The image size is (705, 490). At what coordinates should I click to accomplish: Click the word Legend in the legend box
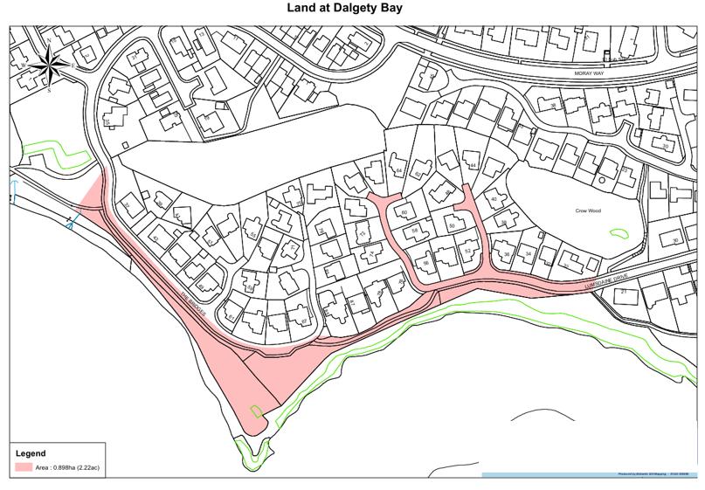[32, 454]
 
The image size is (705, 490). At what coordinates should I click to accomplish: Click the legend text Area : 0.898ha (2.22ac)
[71, 468]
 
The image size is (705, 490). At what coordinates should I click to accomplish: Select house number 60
[404, 212]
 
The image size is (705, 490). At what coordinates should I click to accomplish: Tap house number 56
[426, 262]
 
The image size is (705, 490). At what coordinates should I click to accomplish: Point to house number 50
[452, 226]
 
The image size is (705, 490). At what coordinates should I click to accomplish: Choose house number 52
[467, 252]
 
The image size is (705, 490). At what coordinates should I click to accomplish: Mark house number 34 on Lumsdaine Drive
[528, 254]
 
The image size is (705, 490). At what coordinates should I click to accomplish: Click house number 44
[473, 165]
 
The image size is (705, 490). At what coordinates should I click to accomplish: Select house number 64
[399, 169]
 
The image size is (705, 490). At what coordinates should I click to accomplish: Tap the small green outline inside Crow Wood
[619, 232]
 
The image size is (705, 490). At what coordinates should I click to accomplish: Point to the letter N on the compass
[49, 40]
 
